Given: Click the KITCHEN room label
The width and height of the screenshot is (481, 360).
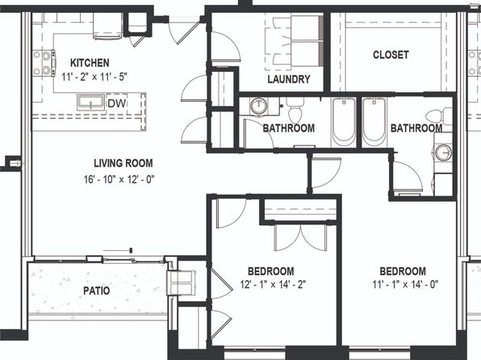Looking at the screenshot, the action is point(90,63).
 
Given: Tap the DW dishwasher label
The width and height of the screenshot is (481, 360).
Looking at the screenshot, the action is point(117,103).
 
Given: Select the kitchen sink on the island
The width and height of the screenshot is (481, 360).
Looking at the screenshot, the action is point(91,102).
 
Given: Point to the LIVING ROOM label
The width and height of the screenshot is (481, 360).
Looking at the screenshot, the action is point(123,163).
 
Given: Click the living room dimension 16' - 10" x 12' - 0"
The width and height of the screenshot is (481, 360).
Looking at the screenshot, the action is point(119,179).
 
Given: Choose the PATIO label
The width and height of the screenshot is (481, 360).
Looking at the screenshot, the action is point(96,291).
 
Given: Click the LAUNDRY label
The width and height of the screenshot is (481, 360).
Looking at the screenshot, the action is point(289,79).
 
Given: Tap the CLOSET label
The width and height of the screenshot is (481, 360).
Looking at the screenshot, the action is point(391,55).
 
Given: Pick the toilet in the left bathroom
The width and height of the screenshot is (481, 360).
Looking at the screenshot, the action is point(295,110).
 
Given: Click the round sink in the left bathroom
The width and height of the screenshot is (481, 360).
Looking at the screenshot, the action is point(258,106).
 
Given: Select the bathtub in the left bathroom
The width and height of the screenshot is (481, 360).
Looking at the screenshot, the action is point(344,122).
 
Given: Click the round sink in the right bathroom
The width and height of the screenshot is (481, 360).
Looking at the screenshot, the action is point(443,152).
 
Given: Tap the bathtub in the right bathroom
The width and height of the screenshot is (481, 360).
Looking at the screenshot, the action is point(374,122).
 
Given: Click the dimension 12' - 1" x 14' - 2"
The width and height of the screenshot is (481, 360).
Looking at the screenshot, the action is point(273,285).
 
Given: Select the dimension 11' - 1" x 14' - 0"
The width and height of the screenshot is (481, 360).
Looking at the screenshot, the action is point(405,285).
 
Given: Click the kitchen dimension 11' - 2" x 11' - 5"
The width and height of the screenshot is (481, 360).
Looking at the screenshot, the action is point(94,77).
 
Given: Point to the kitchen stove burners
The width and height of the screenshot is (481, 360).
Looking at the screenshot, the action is point(44,63).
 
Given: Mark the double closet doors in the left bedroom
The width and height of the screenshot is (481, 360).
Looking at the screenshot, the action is point(300,237).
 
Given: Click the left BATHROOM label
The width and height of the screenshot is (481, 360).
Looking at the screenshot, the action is point(289,128).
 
